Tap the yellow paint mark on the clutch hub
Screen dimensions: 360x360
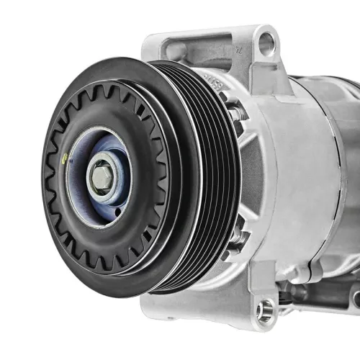pyautogui.click(x=67, y=159)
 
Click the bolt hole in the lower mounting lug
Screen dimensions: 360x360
pyautogui.click(x=265, y=312)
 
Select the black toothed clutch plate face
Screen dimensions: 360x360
pyautogui.click(x=58, y=216)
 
